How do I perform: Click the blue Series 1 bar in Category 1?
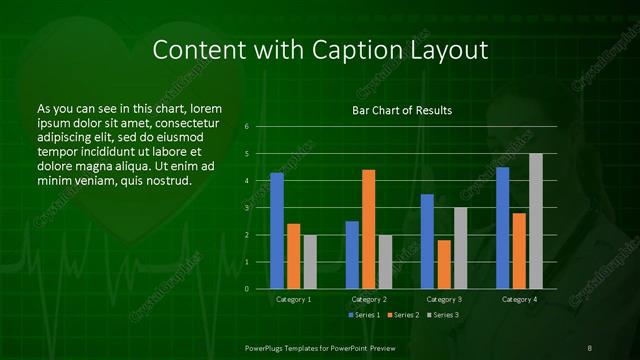[x=277, y=231]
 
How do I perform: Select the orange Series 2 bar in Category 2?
[x=369, y=229]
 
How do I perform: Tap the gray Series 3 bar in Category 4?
[x=536, y=221]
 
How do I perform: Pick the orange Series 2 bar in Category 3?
[x=444, y=264]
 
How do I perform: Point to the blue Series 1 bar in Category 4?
[x=503, y=228]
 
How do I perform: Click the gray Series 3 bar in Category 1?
[x=310, y=262]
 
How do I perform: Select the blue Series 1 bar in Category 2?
[x=352, y=255]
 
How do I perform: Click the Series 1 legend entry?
[x=363, y=315]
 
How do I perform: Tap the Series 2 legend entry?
[x=402, y=315]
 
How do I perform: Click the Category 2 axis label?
[x=369, y=299]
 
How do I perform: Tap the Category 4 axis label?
[x=519, y=299]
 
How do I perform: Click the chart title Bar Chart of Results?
[x=402, y=109]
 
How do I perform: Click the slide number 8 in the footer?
[x=589, y=346]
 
